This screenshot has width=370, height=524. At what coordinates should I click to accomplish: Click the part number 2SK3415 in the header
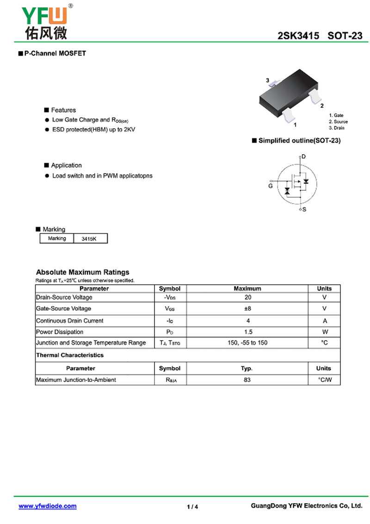coord(298,36)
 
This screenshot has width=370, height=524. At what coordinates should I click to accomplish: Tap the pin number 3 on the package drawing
coord(267,81)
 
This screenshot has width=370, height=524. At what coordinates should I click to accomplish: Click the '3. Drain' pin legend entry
coord(336,128)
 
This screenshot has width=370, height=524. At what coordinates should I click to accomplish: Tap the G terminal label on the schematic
coord(271,186)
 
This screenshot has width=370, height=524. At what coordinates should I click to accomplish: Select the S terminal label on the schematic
coord(304,210)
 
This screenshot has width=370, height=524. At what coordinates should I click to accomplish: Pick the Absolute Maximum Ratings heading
coord(83,272)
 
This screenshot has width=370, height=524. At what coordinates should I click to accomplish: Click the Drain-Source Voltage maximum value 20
coord(247,298)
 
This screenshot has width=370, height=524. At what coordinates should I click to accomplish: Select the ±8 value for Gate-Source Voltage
coord(247,309)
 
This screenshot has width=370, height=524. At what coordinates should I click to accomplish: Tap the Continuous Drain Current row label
coord(70,320)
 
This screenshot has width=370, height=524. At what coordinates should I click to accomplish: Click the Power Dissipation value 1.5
coord(247,332)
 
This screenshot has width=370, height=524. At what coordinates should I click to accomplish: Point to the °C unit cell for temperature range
coord(324,343)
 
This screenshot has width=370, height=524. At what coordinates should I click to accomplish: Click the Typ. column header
coord(247,368)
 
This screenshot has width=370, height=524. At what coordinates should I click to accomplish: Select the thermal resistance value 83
coord(247,380)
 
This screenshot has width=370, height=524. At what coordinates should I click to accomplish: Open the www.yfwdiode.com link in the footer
coord(48,506)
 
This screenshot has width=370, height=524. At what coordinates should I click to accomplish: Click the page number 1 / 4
coord(192,507)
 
